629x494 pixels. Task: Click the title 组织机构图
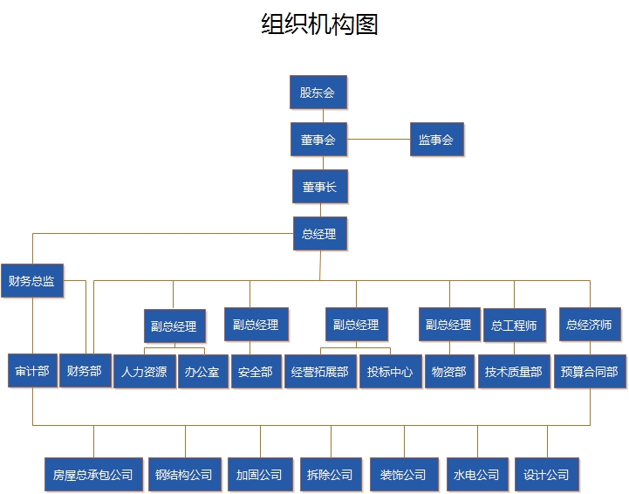pyautogui.click(x=319, y=24)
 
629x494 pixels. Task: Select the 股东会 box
pyautogui.click(x=318, y=92)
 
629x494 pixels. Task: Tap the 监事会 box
pyautogui.click(x=436, y=139)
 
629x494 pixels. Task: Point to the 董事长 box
pyautogui.click(x=319, y=187)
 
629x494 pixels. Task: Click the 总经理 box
pyautogui.click(x=319, y=233)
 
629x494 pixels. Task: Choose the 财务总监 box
pyautogui.click(x=31, y=280)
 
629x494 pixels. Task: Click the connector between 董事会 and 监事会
pyautogui.click(x=378, y=139)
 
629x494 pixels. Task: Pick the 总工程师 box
pyautogui.click(x=514, y=326)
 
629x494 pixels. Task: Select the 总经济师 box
pyautogui.click(x=590, y=325)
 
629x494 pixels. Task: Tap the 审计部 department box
pyautogui.click(x=32, y=371)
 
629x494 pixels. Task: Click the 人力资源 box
pyautogui.click(x=144, y=372)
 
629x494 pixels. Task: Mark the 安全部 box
pyautogui.click(x=256, y=372)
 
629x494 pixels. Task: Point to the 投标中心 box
pyautogui.click(x=391, y=372)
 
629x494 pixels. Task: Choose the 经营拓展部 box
pyautogui.click(x=320, y=372)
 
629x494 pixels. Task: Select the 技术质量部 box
pyautogui.click(x=514, y=372)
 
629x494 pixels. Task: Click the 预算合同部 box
pyautogui.click(x=590, y=372)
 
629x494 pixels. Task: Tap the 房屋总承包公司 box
pyautogui.click(x=92, y=475)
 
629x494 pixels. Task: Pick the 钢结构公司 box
pyautogui.click(x=184, y=475)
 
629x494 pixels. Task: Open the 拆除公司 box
pyautogui.click(x=330, y=475)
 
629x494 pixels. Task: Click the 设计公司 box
pyautogui.click(x=546, y=475)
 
